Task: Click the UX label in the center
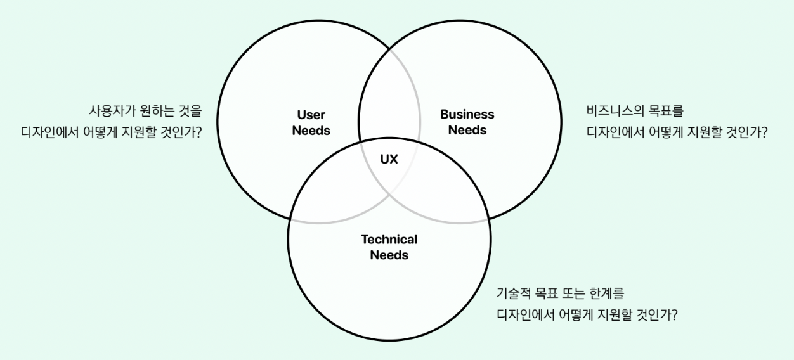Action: pos(389,160)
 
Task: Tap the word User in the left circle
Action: pos(311,115)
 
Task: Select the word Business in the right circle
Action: pos(467,115)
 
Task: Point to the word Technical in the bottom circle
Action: pos(389,240)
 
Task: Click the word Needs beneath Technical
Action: pos(389,255)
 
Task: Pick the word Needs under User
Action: pos(311,131)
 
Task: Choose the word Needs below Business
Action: pos(467,130)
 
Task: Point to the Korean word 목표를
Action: pos(666,111)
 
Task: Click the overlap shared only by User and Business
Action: pos(389,95)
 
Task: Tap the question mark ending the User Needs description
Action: pos(207,134)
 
